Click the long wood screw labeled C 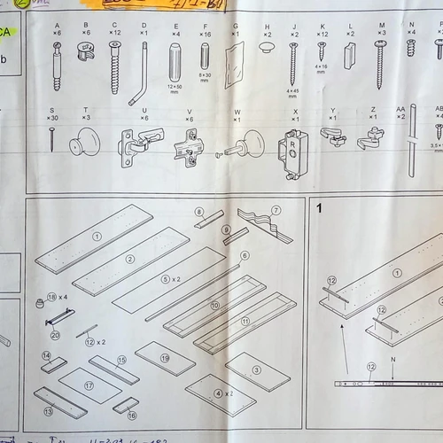(114, 67)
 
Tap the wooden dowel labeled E (175, 62)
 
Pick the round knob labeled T (85, 141)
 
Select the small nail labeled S (51, 138)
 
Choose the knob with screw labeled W (237, 144)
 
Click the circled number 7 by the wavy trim (276, 210)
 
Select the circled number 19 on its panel (165, 357)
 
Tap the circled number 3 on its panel (257, 370)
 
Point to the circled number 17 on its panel (89, 386)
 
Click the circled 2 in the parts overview (130, 259)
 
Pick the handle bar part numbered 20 (60, 316)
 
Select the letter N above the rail (392, 360)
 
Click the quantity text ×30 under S (53, 118)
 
